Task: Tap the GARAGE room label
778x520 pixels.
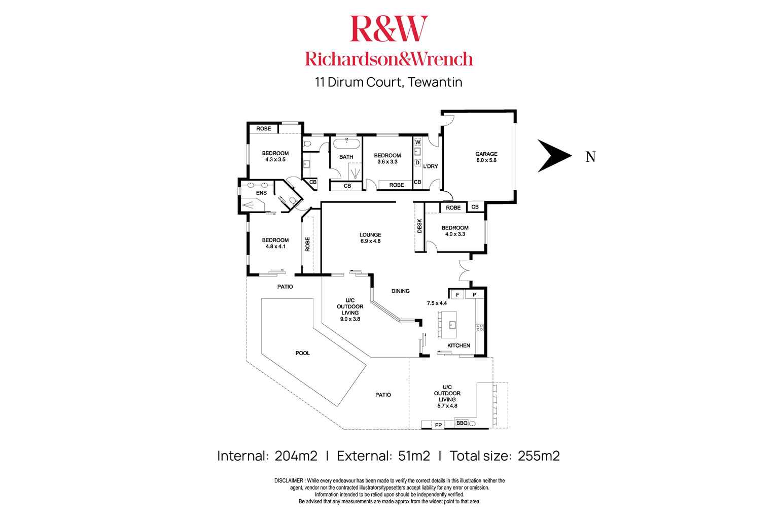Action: [486, 157]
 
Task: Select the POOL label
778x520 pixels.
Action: [302, 353]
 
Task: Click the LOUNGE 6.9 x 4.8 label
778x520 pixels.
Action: [370, 238]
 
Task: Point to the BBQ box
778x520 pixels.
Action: [462, 423]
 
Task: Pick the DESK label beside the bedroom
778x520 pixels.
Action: [420, 226]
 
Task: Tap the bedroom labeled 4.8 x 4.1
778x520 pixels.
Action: [275, 244]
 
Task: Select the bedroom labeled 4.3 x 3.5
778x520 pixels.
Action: [275, 156]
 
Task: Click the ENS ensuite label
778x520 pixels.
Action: [261, 193]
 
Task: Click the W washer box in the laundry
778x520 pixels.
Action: [418, 143]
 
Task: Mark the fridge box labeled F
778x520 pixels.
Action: [457, 294]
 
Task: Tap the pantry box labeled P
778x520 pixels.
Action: [475, 294]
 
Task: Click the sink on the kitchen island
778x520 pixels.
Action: [453, 325]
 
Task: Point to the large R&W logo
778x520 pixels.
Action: [389, 29]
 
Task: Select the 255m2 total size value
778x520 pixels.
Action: [539, 456]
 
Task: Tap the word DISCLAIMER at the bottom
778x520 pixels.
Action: [289, 480]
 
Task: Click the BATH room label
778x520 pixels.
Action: [346, 157]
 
